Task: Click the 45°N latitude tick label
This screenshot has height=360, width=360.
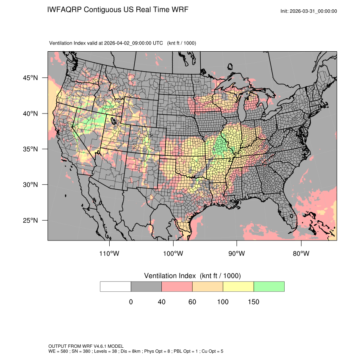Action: (x=30, y=78)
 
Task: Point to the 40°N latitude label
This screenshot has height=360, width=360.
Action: (x=30, y=114)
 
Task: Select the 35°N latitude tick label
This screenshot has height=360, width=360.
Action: (x=30, y=149)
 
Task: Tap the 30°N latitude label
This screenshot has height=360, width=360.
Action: (x=30, y=185)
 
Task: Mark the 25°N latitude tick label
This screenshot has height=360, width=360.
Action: (x=30, y=220)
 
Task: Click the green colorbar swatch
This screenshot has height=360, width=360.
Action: (x=269, y=286)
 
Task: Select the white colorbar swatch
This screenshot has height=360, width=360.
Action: (x=116, y=286)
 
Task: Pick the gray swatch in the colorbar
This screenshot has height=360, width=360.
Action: (x=146, y=286)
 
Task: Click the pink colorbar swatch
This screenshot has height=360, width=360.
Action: (x=177, y=286)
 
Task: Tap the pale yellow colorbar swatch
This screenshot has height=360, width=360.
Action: (x=238, y=286)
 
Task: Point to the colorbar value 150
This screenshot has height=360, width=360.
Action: (x=253, y=302)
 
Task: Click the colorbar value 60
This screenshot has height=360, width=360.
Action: (x=192, y=302)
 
